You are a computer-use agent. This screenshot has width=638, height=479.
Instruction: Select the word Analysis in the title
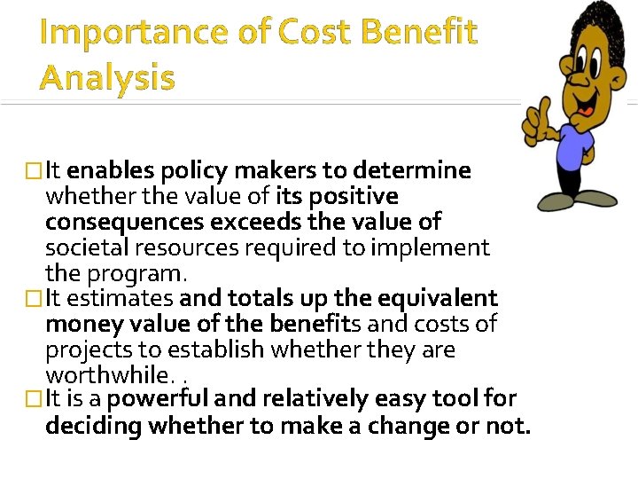tap(107, 78)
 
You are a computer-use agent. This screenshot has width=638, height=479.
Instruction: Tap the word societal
tap(86, 247)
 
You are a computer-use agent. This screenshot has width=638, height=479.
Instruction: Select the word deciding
tap(94, 426)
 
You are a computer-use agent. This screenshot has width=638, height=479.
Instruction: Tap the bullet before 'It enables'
tap(35, 170)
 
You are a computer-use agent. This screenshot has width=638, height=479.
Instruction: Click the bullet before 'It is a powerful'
tap(35, 400)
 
